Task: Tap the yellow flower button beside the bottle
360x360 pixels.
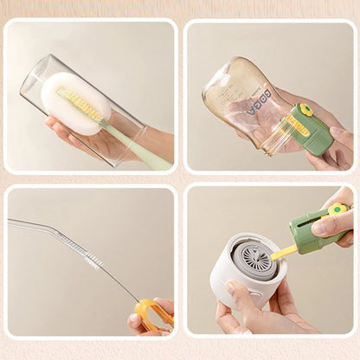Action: point(304,112)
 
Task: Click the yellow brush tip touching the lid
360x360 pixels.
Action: point(281,254)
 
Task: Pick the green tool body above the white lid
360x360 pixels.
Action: point(312,232)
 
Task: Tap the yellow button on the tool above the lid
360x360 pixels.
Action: point(337,209)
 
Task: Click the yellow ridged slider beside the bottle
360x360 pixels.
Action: point(298,126)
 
